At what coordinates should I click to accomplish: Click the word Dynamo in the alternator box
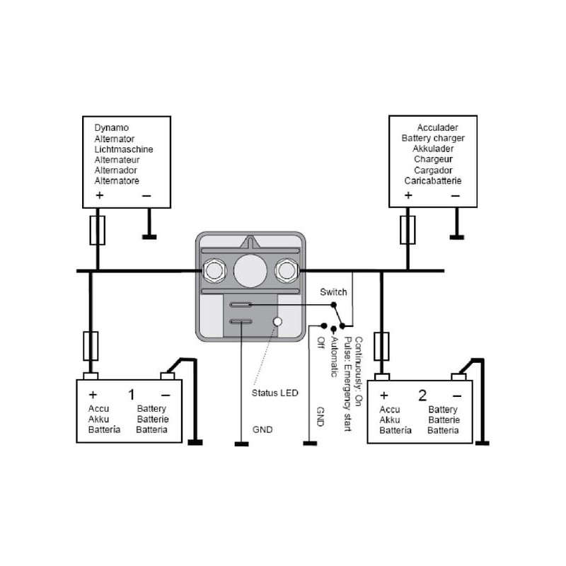coord(112,128)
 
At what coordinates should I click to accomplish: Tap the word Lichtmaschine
coord(124,149)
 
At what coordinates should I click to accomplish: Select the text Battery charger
coord(433,139)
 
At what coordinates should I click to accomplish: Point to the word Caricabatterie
coord(433,180)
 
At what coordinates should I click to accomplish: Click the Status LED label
coord(276,393)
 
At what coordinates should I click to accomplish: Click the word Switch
coord(333,292)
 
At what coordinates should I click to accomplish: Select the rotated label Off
coord(320,343)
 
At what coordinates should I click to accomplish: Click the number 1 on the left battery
coord(131,394)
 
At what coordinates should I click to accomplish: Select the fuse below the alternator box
coord(98,230)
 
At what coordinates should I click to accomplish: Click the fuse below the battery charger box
coord(408,230)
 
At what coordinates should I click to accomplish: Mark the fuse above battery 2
coord(382,347)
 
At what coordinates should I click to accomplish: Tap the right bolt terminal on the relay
coord(286,270)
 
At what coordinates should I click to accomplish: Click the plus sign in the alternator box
coord(99,195)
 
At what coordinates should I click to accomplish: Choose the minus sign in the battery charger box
coord(455,195)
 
